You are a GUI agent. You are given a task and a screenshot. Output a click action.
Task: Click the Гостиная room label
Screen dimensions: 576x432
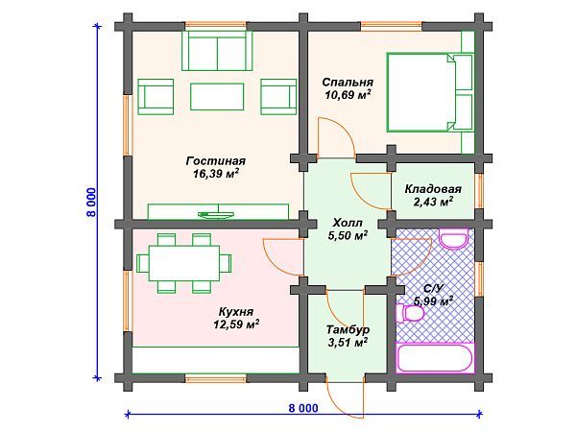click(216, 161)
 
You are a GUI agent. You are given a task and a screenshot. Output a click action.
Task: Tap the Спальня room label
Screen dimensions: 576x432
click(348, 82)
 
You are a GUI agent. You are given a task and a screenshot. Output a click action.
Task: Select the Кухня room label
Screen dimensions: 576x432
click(236, 312)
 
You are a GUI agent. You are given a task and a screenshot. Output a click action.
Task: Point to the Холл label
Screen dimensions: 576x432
click(348, 223)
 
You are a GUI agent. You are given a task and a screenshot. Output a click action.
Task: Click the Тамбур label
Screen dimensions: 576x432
click(348, 329)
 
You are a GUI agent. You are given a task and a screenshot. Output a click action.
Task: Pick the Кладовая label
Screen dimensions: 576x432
click(433, 189)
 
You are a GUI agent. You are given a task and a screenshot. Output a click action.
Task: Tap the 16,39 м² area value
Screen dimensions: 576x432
click(216, 174)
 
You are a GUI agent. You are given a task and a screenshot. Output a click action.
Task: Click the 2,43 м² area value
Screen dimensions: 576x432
click(433, 202)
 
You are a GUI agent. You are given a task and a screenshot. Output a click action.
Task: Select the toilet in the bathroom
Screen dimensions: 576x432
click(410, 313)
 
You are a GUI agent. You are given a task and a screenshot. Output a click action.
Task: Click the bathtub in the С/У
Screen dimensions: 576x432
click(435, 358)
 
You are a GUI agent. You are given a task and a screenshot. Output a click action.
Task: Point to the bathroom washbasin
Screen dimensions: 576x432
click(454, 239)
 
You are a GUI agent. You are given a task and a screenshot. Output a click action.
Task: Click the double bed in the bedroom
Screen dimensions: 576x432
click(430, 92)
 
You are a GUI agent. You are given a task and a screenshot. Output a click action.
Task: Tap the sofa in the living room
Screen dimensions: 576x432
click(217, 51)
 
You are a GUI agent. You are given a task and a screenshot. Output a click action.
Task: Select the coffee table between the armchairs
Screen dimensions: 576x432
click(217, 97)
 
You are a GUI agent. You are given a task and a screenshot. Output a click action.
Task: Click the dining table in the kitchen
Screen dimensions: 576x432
click(184, 263)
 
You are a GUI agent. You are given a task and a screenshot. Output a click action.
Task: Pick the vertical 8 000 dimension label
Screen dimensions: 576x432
click(91, 203)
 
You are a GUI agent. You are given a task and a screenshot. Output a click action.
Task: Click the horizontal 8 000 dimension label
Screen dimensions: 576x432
click(303, 408)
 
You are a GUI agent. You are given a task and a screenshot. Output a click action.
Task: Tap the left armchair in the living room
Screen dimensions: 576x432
click(156, 97)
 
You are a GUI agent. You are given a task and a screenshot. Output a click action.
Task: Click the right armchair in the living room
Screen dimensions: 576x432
click(278, 97)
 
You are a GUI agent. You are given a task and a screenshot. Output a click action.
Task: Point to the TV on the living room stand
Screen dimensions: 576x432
click(216, 214)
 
